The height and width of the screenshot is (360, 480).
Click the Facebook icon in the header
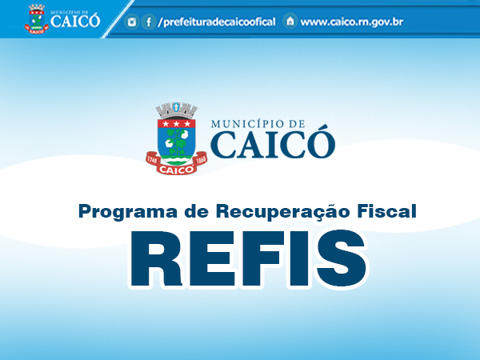(149, 22)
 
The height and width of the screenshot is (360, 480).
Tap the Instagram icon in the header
(132, 22)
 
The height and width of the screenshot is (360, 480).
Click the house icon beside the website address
(290, 21)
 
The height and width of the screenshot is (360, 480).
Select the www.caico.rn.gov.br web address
(352, 22)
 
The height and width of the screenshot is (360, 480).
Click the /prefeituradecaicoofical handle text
(217, 22)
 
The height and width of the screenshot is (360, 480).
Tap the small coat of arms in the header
(37, 19)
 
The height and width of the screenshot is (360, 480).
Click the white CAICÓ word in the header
(75, 21)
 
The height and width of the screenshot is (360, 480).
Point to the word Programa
(128, 211)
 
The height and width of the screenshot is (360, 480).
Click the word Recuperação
(283, 211)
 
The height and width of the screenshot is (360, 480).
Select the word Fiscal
(386, 211)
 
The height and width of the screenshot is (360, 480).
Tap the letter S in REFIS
(342, 259)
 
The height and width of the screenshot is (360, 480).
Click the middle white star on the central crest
(176, 124)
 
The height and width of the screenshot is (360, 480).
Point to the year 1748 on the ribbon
(152, 160)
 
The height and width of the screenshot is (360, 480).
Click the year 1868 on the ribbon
(201, 160)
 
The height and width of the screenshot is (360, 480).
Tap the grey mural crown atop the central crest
(176, 110)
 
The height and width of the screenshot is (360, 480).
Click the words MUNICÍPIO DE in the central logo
(258, 124)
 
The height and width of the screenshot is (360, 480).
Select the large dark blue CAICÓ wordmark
(273, 143)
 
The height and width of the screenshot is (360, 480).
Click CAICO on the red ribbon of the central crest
(176, 170)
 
